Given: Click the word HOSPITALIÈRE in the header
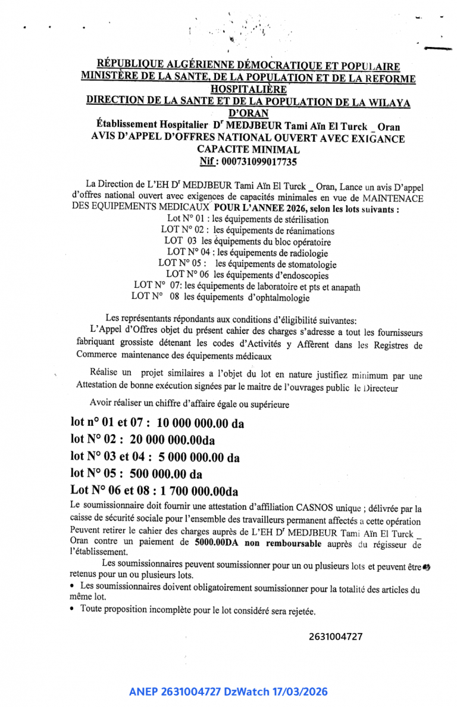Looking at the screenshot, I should coord(243,89).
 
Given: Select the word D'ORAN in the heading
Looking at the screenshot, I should coord(249,113).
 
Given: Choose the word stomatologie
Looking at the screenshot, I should coord(306,264).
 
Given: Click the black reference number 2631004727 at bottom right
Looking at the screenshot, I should coord(336,637).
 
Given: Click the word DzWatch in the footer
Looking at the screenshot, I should coord(246,692).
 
